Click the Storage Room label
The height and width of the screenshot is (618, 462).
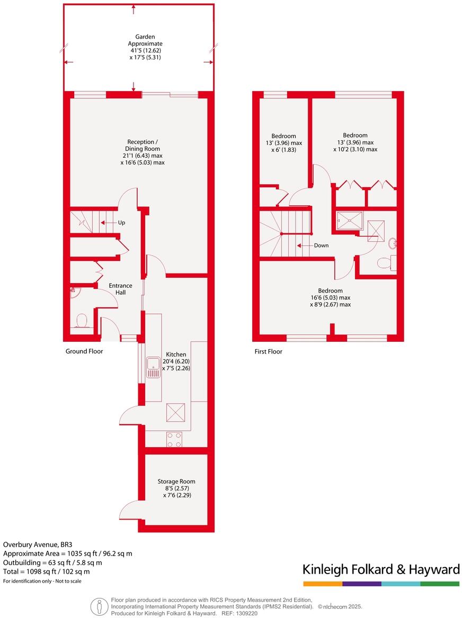tap(176, 488)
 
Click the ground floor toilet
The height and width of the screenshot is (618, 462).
tap(82, 321)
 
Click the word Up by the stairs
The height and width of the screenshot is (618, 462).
tap(121, 223)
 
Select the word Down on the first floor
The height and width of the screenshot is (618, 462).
tap(321, 246)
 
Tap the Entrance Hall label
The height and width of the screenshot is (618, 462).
tap(121, 289)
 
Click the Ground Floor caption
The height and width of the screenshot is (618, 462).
tap(84, 351)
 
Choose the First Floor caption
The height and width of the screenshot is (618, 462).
tap(268, 351)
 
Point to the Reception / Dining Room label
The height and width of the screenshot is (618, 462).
tap(142, 152)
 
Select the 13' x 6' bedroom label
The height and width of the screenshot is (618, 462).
tap(283, 142)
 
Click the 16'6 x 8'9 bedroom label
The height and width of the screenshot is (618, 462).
tap(330, 297)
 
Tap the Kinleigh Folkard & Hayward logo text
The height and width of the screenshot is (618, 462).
tap(381, 570)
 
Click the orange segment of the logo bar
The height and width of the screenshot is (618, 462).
tap(323, 584)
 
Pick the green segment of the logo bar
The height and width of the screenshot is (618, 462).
tap(440, 584)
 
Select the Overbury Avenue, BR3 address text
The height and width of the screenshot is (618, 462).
tap(33, 544)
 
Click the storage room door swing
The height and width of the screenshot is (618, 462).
tap(130, 511)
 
